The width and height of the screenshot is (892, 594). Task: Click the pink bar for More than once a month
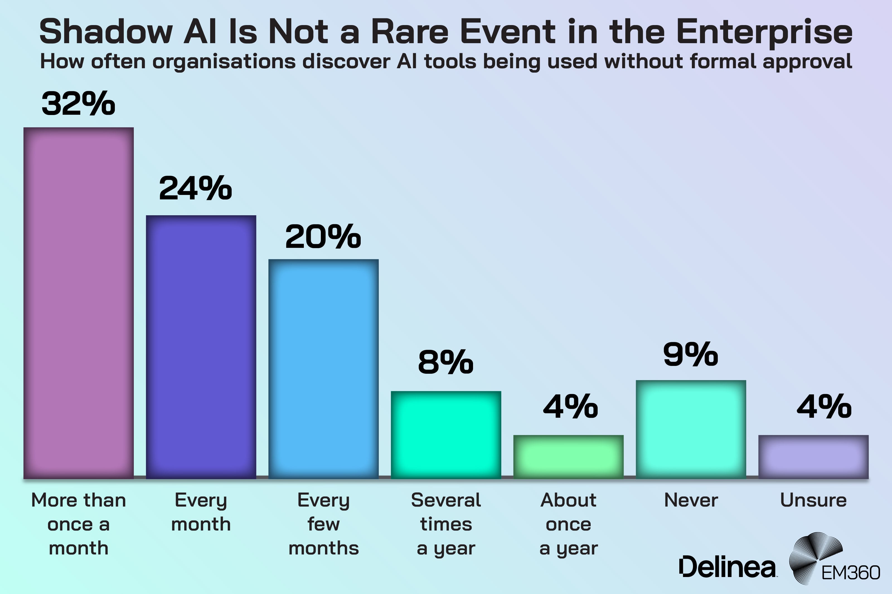point(79,303)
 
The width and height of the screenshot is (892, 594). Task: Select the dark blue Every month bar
point(201,347)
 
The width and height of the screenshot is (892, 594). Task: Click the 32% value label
point(79,103)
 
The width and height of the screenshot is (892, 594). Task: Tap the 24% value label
point(195,188)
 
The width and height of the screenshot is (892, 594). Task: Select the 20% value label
point(323,237)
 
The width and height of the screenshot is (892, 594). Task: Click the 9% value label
point(690,355)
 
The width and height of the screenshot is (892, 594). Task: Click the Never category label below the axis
point(691,500)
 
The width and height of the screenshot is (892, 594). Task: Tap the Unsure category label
point(813,500)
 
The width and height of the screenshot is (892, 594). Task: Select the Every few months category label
point(323,524)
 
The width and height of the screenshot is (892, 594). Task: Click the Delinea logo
point(727,567)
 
